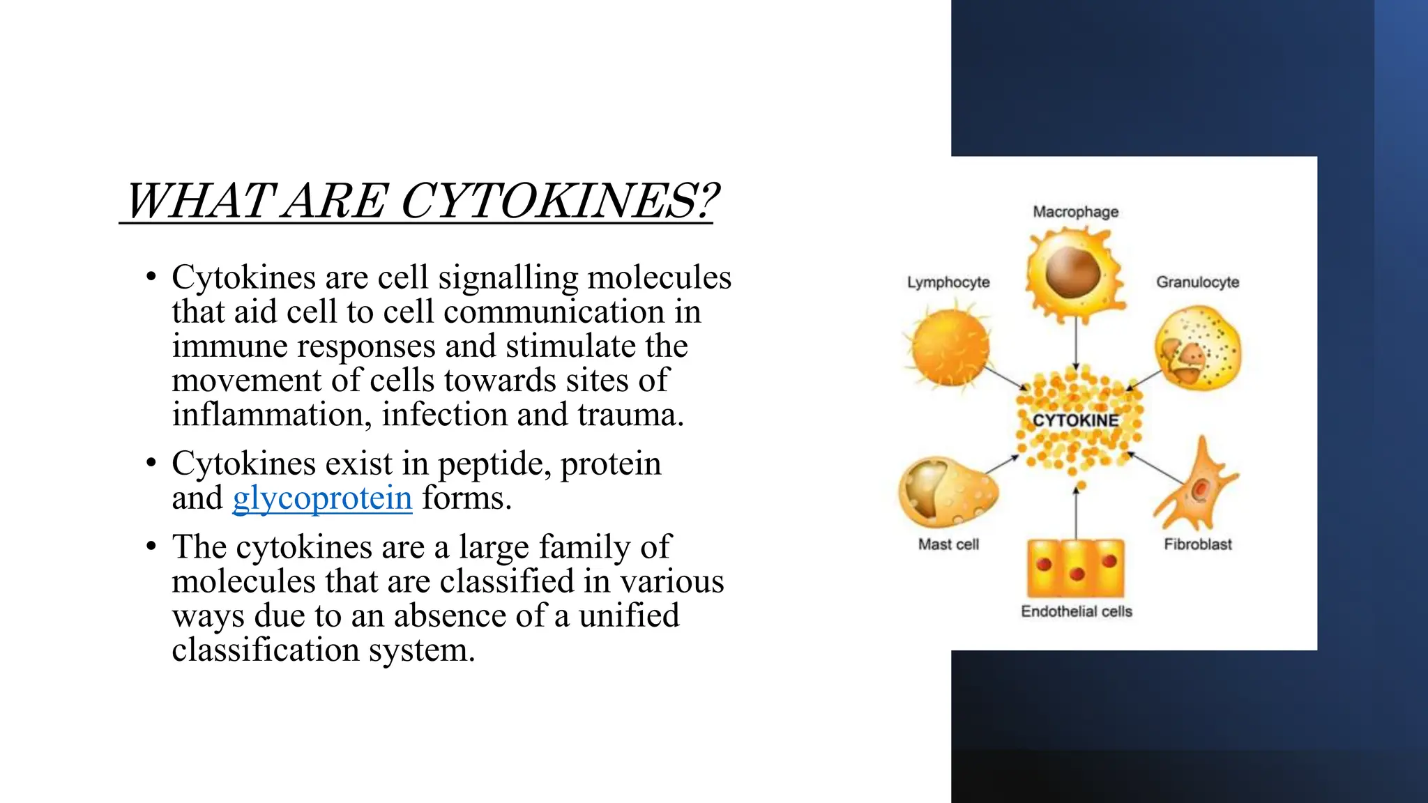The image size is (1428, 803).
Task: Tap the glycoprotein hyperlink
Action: [322, 498]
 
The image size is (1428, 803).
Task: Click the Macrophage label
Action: [1075, 212]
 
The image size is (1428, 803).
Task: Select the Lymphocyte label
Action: [948, 282]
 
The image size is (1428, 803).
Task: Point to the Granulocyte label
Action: [1197, 282]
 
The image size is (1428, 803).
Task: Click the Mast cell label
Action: [948, 544]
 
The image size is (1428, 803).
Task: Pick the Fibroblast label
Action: [1197, 544]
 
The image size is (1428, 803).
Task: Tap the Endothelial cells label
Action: [1076, 611]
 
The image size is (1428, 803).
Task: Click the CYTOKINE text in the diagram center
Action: [1075, 420]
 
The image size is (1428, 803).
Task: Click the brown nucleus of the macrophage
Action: [1072, 273]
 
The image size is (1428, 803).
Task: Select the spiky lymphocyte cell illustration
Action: [950, 347]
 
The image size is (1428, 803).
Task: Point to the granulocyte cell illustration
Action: [1197, 348]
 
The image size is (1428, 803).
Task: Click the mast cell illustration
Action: [947, 491]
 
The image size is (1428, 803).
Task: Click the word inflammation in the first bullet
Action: [268, 415]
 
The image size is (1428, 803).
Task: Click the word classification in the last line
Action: [265, 650]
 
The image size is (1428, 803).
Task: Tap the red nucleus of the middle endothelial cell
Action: [1077, 574]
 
